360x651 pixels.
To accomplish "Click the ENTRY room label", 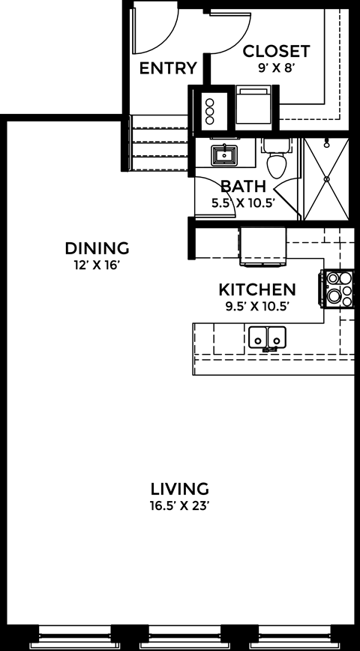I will click(x=168, y=68).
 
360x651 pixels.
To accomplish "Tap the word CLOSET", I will click(x=276, y=51).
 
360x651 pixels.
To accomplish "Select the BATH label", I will click(x=242, y=186).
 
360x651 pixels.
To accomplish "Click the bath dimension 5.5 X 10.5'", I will click(x=242, y=201).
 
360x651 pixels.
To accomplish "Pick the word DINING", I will click(x=97, y=248).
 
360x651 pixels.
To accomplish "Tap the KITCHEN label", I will click(x=256, y=289).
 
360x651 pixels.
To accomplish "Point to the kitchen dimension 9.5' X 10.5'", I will click(x=256, y=304).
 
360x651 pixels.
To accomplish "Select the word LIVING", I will click(x=178, y=489).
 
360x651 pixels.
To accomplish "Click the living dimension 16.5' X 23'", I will click(x=178, y=505).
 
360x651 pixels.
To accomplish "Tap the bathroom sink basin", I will click(x=223, y=155).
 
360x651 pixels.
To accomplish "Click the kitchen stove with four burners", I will click(x=337, y=288).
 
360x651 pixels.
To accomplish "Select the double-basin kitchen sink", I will click(x=267, y=337).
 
